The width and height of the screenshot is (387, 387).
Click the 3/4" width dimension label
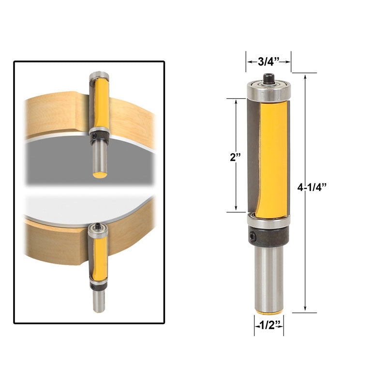pos(269,61)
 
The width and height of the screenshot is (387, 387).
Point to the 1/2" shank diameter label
pos(269,326)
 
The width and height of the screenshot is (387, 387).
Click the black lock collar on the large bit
pos(269,236)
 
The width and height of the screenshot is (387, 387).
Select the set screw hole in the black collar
pos(253,236)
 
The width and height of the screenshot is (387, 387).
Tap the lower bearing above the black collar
pos(268,222)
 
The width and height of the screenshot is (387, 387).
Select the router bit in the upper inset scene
pos(99,121)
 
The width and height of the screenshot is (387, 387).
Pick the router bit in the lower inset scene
pos(99,266)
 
